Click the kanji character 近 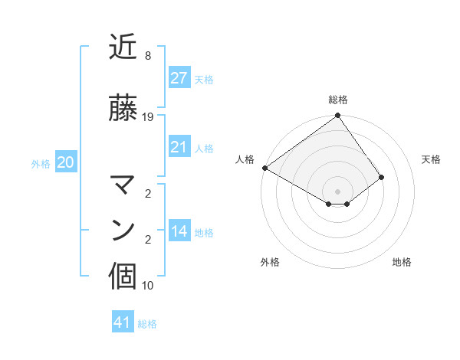pyautogui.click(x=123, y=48)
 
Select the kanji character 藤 pyautogui.click(x=123, y=109)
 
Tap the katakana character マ pyautogui.click(x=123, y=185)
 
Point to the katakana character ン pyautogui.click(x=123, y=230)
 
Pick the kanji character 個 pyautogui.click(x=123, y=277)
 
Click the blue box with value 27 pyautogui.click(x=179, y=78)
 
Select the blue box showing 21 pyautogui.click(x=179, y=147)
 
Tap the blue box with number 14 pyautogui.click(x=179, y=232)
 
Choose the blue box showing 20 pyautogui.click(x=65, y=162)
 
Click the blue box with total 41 pyautogui.click(x=123, y=322)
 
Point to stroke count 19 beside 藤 pyautogui.click(x=148, y=117)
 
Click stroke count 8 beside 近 pyautogui.click(x=147, y=56)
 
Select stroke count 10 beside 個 pyautogui.click(x=148, y=286)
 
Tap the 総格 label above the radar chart pyautogui.click(x=337, y=100)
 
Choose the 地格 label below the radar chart pyautogui.click(x=402, y=262)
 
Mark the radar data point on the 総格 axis pyautogui.click(x=337, y=116)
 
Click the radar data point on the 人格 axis pyautogui.click(x=264, y=168)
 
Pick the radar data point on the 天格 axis pyautogui.click(x=382, y=177)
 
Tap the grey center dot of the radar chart pyautogui.click(x=337, y=191)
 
